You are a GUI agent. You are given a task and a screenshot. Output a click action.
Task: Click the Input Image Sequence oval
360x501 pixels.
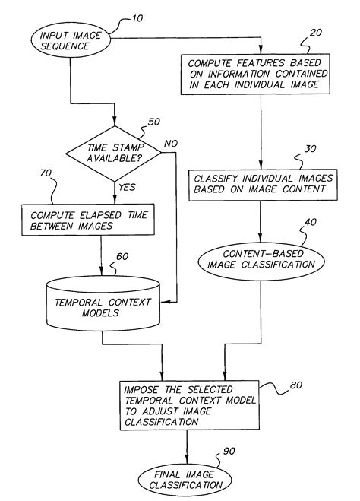tap(69, 41)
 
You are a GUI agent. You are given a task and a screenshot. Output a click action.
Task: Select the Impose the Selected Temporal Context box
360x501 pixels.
tap(188, 398)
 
